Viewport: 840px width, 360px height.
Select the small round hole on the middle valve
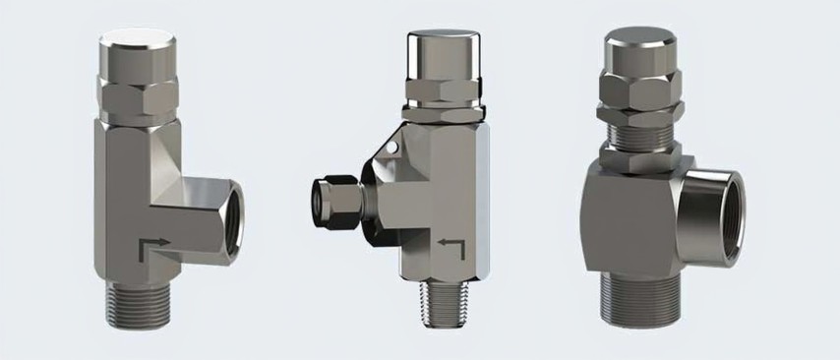392,149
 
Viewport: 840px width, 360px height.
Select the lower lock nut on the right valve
639,155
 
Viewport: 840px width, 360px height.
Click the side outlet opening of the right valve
724,215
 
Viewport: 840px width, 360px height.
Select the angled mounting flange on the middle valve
379,187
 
